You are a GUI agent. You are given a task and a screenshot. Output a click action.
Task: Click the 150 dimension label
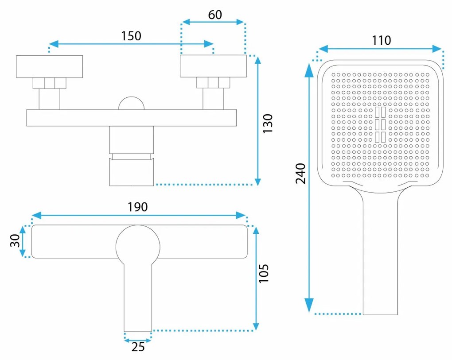coord(131,36)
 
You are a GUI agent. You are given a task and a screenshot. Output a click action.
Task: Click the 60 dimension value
coord(215,15)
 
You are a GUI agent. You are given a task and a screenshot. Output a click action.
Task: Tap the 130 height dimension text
coord(268,123)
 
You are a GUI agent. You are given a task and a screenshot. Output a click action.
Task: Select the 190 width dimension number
coord(137,207)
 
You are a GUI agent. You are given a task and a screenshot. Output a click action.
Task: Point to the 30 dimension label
coord(15,241)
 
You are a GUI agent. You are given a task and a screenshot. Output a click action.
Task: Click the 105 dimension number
coord(264,274)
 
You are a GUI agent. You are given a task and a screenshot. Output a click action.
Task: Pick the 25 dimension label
coord(138,347)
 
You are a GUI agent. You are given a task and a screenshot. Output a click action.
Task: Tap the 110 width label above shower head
coord(382,40)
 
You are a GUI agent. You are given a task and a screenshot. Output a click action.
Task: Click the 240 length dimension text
coord(300,174)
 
